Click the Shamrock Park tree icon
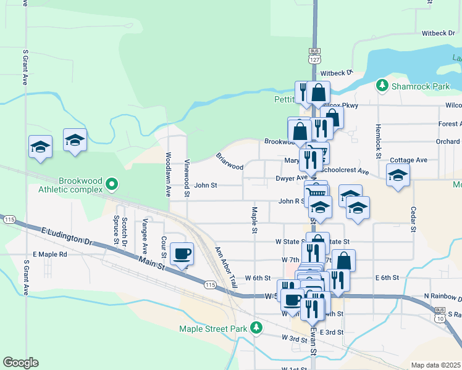(383, 85)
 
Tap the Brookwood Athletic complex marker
(111, 184)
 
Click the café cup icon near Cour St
(182, 253)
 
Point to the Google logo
(20, 363)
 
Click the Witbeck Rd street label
(438, 33)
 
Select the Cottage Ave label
(408, 160)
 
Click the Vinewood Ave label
(187, 175)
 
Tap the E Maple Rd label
(50, 254)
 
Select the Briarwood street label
(229, 162)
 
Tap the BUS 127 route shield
(315, 55)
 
